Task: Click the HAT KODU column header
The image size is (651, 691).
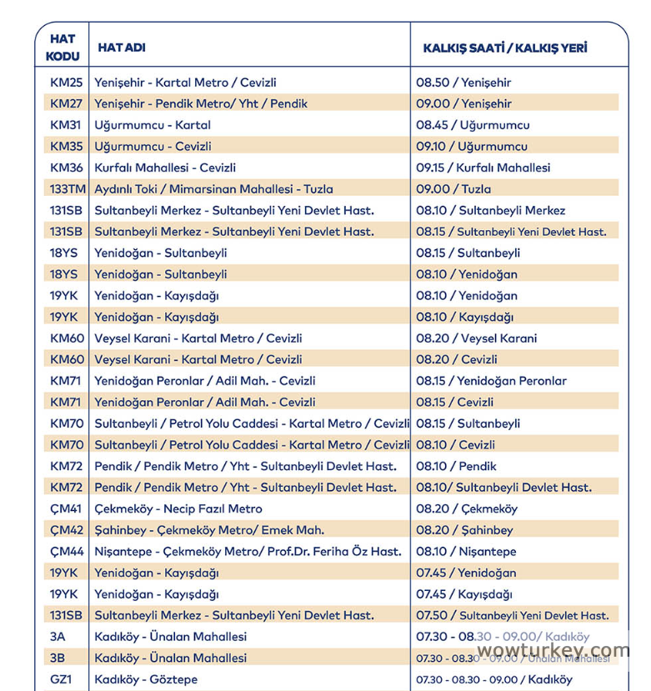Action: pyautogui.click(x=63, y=48)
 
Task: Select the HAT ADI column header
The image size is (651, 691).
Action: pyautogui.click(x=122, y=48)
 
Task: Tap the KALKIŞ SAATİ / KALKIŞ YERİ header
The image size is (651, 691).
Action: pyautogui.click(x=504, y=48)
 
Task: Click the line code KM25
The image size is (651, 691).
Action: pyautogui.click(x=67, y=83)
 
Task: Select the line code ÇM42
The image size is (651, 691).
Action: pyautogui.click(x=67, y=530)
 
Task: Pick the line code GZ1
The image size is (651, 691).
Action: pyautogui.click(x=62, y=679)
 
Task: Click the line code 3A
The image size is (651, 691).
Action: pyautogui.click(x=58, y=637)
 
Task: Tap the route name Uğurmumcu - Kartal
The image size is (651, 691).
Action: pyautogui.click(x=153, y=125)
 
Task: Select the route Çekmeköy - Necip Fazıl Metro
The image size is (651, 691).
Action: pyautogui.click(x=178, y=508)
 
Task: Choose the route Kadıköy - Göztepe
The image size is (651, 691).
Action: pyautogui.click(x=146, y=679)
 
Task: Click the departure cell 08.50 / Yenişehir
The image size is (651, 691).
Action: pyautogui.click(x=463, y=83)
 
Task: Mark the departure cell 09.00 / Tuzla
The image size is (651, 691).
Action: pyautogui.click(x=453, y=189)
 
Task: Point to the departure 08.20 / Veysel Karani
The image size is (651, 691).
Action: pyautogui.click(x=477, y=338)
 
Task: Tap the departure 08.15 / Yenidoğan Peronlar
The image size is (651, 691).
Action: pyautogui.click(x=491, y=381)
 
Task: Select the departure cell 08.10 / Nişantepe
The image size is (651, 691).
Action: pyautogui.click(x=466, y=552)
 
